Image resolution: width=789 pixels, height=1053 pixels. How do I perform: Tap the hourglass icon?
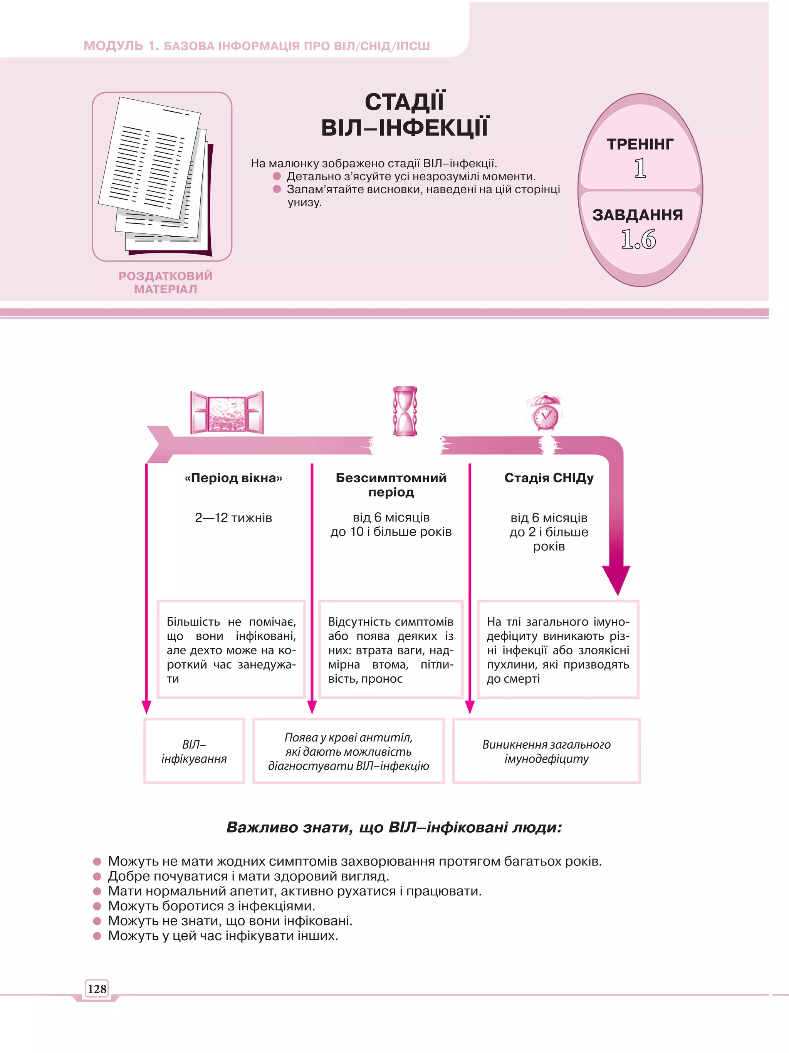click(x=405, y=411)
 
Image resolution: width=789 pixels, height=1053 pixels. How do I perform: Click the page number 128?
click(x=97, y=989)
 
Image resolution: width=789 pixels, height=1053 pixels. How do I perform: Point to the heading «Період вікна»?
click(x=233, y=478)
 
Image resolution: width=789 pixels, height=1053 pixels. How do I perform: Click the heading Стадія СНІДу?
click(x=549, y=478)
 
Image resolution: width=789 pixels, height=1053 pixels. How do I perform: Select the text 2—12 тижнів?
click(x=233, y=518)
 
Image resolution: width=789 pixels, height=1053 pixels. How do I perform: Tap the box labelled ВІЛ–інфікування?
click(x=194, y=751)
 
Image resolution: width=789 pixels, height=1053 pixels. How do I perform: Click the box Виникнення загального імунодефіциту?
click(x=546, y=751)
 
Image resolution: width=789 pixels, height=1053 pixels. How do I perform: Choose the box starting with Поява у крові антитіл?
click(x=349, y=751)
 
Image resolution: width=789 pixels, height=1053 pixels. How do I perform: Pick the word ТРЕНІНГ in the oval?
click(x=640, y=144)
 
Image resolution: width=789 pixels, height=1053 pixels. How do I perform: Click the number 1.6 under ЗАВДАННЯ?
click(x=638, y=239)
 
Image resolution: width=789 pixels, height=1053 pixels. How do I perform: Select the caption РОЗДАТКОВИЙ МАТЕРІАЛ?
click(x=165, y=282)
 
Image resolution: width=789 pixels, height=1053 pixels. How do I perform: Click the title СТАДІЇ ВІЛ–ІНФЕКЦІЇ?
click(x=405, y=115)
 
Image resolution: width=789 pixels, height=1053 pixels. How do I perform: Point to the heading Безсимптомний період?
click(x=391, y=485)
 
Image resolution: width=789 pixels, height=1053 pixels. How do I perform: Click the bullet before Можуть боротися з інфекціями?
click(x=97, y=905)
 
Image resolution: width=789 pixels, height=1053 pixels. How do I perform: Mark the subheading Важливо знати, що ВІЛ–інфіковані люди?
click(x=394, y=827)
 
